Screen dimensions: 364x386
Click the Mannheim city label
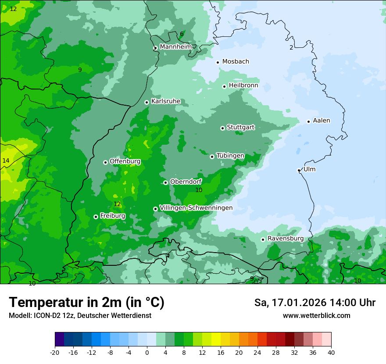pos(176,47)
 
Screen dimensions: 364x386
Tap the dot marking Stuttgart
pos(222,128)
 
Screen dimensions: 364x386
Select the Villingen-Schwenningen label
pos(196,208)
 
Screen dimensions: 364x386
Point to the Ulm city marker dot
pos(299,170)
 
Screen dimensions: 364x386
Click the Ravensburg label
pos(285,239)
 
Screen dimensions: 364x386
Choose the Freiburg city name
pos(112,216)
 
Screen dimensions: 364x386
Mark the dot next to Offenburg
pos(105,162)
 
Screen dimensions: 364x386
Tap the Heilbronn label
pos(243,86)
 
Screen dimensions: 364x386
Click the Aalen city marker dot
pos(308,121)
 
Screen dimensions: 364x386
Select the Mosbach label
pos(236,62)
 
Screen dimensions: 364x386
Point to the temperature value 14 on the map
pos(6,161)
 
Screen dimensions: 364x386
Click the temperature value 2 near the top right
pos(291,48)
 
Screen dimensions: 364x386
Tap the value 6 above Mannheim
pos(182,34)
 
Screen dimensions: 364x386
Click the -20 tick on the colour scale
pos(55,352)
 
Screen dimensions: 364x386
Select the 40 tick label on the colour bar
pos(331,352)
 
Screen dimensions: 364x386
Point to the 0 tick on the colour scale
pos(147,352)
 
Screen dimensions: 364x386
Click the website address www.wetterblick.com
pos(316,315)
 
